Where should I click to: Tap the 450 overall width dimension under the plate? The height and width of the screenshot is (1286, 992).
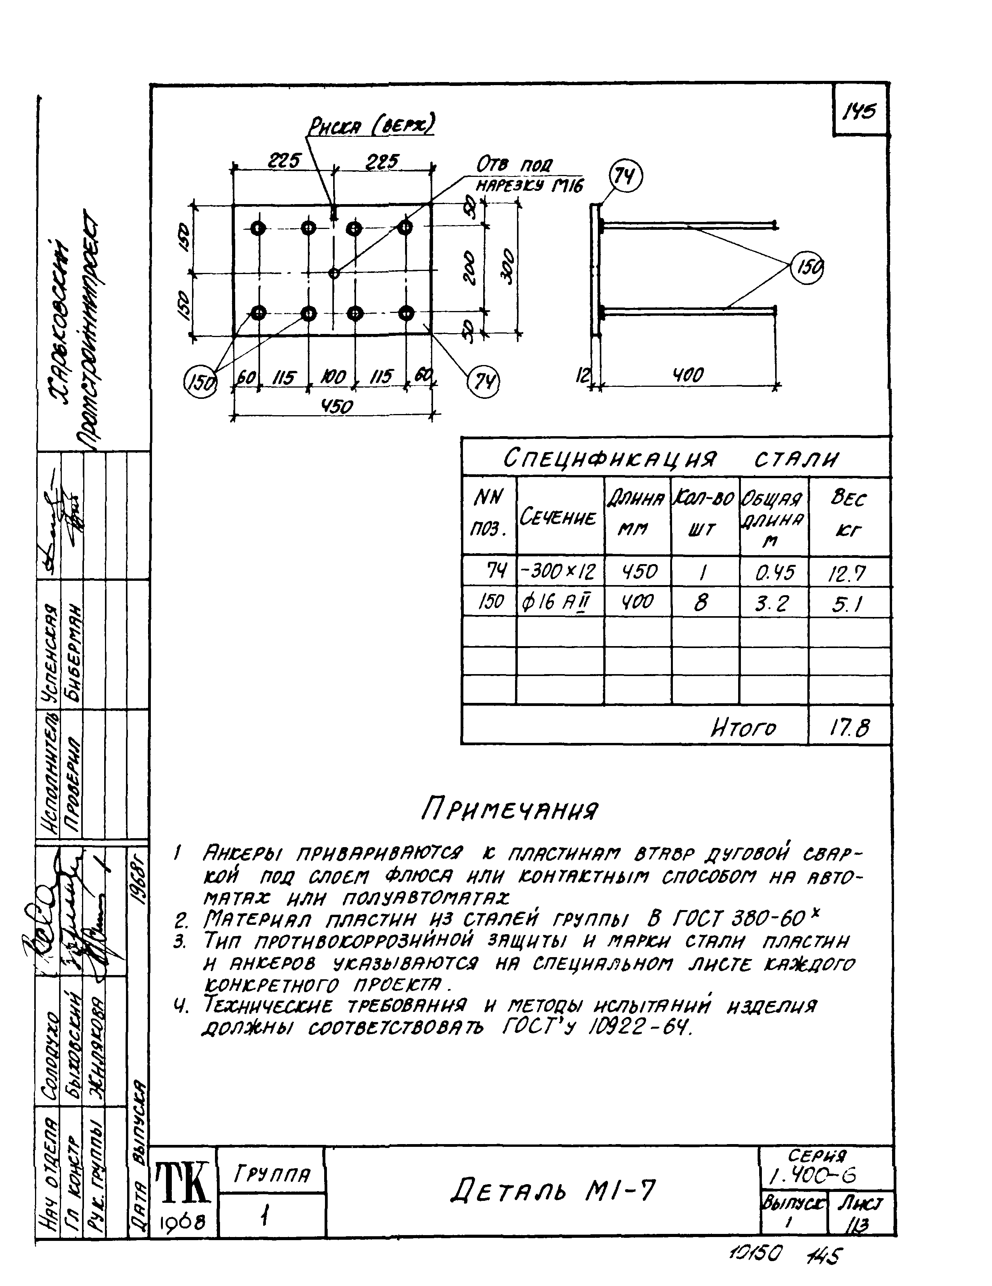(336, 406)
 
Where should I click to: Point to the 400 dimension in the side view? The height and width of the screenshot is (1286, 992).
(688, 374)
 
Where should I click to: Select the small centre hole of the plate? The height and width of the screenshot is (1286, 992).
(334, 273)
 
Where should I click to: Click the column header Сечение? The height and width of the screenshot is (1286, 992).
(558, 517)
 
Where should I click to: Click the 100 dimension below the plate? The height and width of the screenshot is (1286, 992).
(333, 377)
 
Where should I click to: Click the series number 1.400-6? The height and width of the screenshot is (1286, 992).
(812, 1175)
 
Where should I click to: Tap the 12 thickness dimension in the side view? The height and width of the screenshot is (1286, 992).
(582, 374)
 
